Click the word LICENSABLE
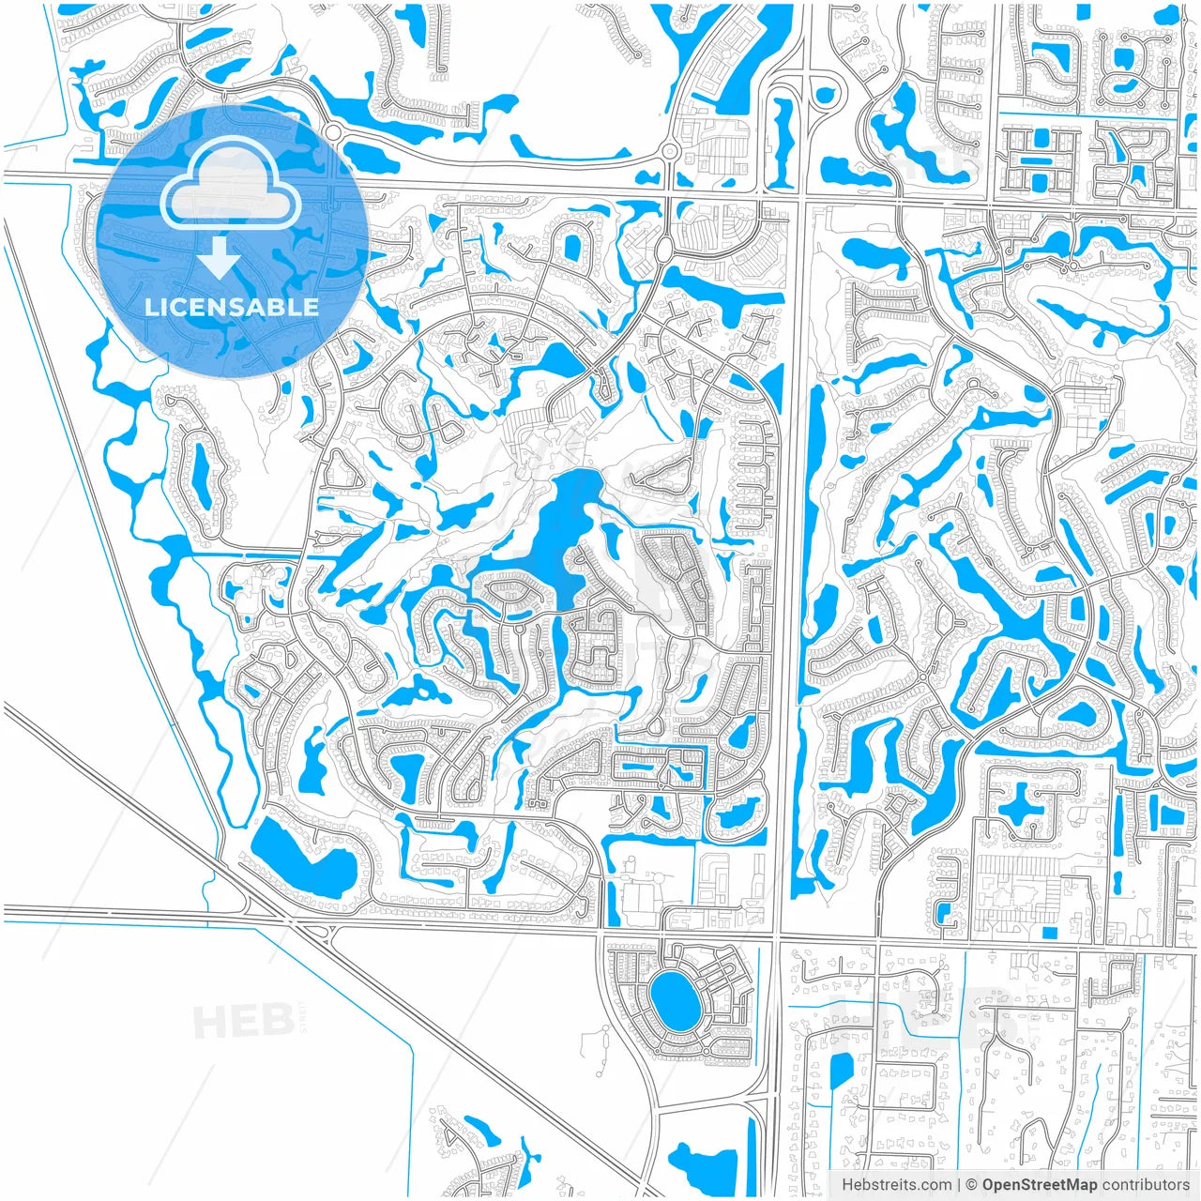point(231,307)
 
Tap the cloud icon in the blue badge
point(231,188)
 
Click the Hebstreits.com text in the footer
point(896,1185)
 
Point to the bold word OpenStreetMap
point(1039,1185)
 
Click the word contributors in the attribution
point(1146,1185)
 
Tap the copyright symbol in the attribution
point(972,1185)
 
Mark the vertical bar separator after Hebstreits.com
point(959,1185)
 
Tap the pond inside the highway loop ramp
point(826,94)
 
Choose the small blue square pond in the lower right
point(1048,932)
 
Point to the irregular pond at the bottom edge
point(699,1168)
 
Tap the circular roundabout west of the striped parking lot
point(670,150)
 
